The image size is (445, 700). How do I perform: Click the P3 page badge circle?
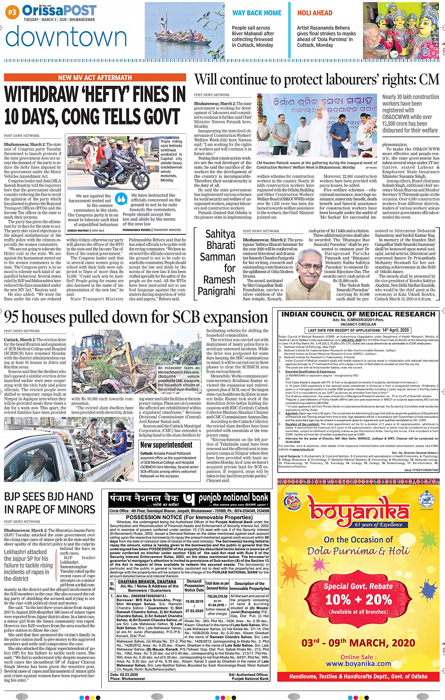[x=12, y=12]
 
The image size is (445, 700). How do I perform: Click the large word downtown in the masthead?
[x=66, y=37]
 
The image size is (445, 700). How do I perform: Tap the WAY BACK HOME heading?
[x=257, y=13]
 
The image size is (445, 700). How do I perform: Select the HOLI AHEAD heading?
[x=315, y=13]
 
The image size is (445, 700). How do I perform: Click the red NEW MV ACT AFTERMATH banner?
[x=95, y=78]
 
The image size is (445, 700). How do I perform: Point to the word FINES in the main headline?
[x=159, y=95]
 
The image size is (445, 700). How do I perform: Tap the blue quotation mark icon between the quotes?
[x=121, y=200]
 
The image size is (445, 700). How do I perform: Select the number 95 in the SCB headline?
[x=13, y=317]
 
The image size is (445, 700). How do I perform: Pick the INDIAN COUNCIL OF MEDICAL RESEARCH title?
[x=358, y=314]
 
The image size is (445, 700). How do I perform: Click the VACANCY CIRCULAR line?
[x=358, y=325]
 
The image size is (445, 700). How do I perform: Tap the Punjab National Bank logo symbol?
[x=188, y=499]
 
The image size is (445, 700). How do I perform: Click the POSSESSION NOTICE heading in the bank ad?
[x=189, y=517]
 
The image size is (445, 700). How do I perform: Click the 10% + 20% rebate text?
[x=358, y=600]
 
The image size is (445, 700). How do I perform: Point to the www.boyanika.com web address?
[x=358, y=663]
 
